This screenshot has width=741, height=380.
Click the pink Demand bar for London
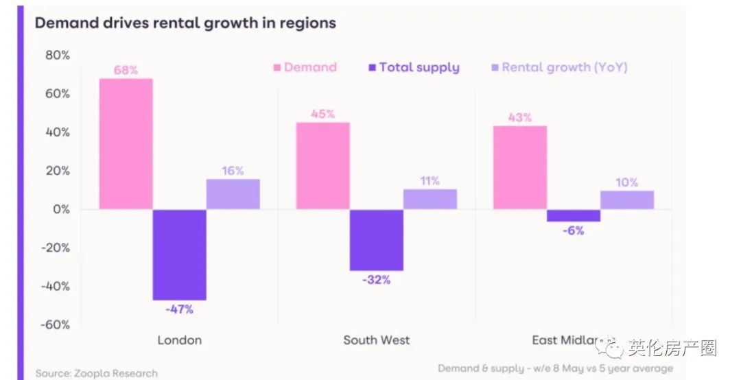point(126,144)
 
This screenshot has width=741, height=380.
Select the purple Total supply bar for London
point(179,254)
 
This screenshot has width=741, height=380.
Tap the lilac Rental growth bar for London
point(233,194)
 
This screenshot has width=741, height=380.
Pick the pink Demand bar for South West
point(322,166)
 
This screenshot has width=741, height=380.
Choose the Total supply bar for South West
point(376,240)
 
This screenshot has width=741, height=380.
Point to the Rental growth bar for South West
point(430,199)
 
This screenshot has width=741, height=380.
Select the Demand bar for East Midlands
point(519,167)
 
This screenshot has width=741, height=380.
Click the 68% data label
point(126,70)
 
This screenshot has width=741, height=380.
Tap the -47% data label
point(179,309)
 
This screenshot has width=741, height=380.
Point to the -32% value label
point(376,280)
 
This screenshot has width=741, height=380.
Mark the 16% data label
point(233,171)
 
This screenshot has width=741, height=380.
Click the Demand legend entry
point(305,67)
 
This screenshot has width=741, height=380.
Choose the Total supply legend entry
point(414,67)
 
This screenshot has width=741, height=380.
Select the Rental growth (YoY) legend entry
point(559,67)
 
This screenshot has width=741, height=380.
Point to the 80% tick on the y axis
point(56,55)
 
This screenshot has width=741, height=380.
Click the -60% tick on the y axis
point(55,324)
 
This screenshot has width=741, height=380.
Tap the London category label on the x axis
point(180,340)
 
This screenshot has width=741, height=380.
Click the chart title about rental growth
point(185,23)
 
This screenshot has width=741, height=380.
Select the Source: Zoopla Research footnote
point(97,374)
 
